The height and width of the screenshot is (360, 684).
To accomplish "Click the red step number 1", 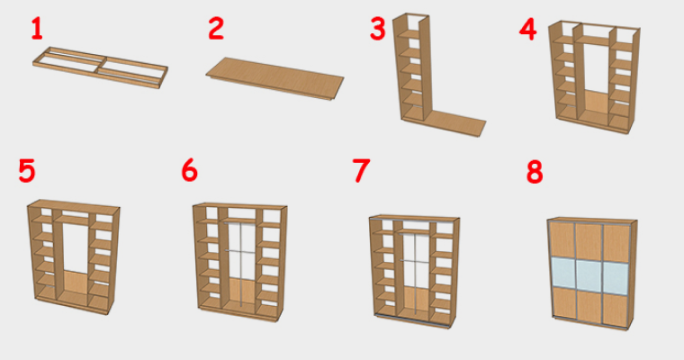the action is [x=37, y=30].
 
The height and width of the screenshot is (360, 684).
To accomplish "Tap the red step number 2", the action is [x=216, y=29].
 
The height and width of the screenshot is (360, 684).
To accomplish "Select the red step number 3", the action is [x=378, y=29].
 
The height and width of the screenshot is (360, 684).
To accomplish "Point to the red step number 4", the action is [x=527, y=30].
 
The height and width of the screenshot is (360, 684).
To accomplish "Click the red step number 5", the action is [x=27, y=171].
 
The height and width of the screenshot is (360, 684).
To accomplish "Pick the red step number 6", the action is [x=190, y=170].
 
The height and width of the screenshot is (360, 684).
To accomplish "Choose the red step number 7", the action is [x=361, y=171].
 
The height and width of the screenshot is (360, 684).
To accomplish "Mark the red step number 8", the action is [x=535, y=172].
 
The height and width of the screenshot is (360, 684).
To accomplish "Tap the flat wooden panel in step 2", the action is [x=274, y=78].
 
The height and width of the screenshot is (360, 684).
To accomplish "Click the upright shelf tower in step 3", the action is [x=412, y=67].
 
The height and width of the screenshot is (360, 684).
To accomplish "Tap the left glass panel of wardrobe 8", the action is [x=563, y=273].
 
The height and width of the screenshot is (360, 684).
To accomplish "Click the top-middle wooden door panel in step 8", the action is [x=589, y=242].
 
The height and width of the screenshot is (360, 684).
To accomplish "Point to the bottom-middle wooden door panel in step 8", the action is [x=589, y=307].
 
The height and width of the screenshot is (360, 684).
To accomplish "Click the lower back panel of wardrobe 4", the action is [x=594, y=102].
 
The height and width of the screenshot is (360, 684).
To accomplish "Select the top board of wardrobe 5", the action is [x=74, y=204].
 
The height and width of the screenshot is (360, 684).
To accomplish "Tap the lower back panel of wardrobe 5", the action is [x=76, y=282].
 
